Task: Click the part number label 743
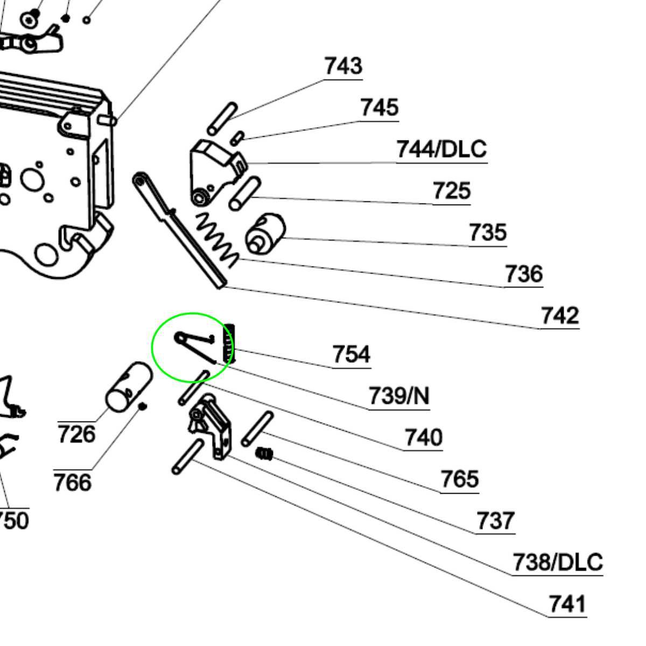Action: click(x=343, y=66)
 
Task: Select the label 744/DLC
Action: click(x=441, y=149)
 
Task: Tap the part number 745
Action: click(x=380, y=108)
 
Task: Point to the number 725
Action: click(x=451, y=191)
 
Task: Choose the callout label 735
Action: click(x=488, y=233)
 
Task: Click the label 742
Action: click(x=559, y=315)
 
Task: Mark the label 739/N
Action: click(x=399, y=396)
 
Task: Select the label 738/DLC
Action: click(x=557, y=563)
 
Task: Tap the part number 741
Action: click(x=566, y=604)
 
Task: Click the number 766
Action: click(x=72, y=482)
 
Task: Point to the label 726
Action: click(x=76, y=434)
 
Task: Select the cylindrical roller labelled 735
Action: click(x=265, y=233)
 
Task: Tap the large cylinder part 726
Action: click(x=129, y=386)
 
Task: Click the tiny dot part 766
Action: click(x=143, y=406)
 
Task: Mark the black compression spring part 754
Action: click(x=229, y=342)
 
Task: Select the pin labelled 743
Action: click(x=222, y=119)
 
